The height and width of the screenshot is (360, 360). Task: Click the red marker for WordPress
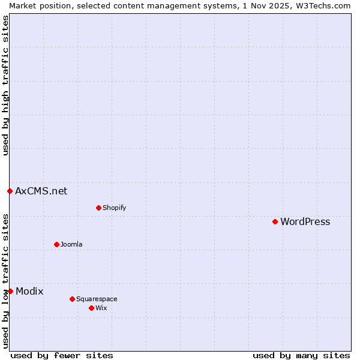[275, 221]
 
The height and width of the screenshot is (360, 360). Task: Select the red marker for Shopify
[98, 208]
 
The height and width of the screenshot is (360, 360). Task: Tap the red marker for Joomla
[56, 244]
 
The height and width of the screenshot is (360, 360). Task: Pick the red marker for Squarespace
[72, 299]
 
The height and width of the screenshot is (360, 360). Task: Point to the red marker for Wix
[91, 308]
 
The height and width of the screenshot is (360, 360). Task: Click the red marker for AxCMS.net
[10, 191]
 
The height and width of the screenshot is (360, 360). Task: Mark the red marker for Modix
[10, 291]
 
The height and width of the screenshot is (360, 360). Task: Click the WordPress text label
[305, 222]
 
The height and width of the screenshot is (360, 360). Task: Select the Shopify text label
[114, 208]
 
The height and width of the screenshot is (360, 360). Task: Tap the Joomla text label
[71, 245]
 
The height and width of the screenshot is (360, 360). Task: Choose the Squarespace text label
[97, 299]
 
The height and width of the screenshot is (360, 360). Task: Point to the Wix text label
[101, 308]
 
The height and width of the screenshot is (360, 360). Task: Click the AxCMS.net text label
[41, 191]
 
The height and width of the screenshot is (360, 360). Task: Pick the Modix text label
[29, 292]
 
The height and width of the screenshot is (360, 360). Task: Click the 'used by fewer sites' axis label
[62, 355]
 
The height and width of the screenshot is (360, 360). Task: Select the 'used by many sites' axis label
[301, 355]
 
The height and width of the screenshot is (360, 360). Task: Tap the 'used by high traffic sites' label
[6, 86]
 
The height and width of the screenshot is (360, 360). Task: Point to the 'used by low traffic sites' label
[6, 280]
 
